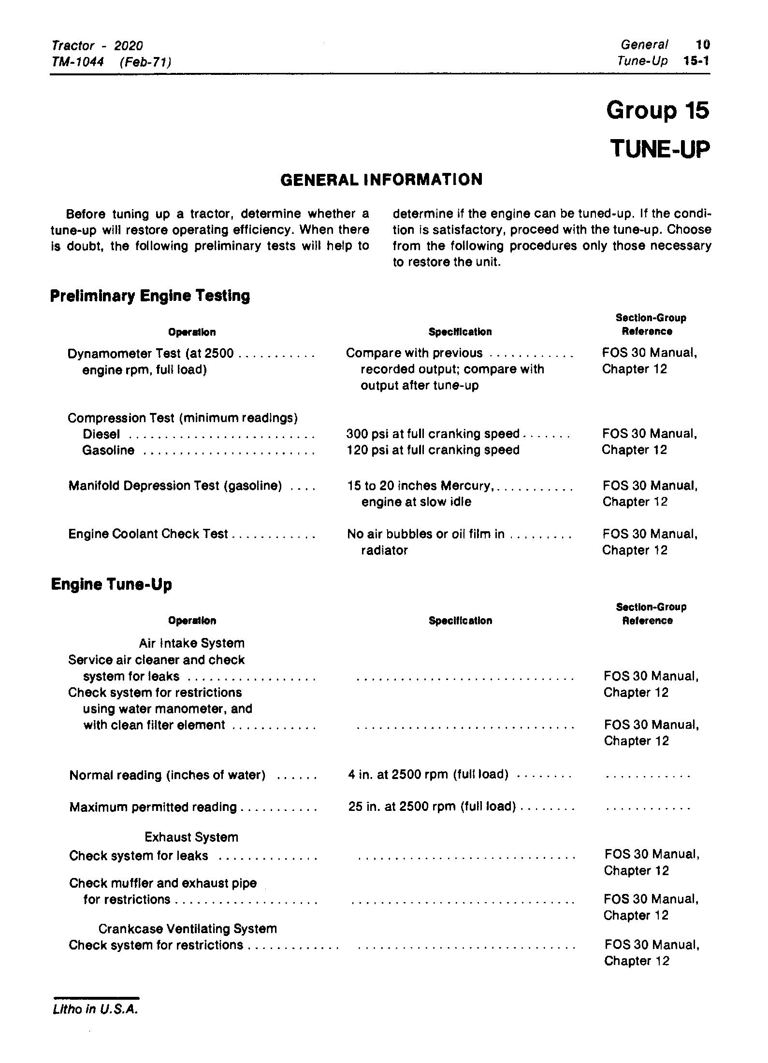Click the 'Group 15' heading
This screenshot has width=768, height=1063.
(x=657, y=111)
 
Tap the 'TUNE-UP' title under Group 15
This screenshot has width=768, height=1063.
(x=660, y=148)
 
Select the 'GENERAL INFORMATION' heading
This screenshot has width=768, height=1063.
(x=381, y=180)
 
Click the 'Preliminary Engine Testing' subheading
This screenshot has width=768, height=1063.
(x=150, y=296)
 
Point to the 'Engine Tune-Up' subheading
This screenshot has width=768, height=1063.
(x=111, y=585)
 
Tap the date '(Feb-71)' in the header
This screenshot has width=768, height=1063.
(x=145, y=62)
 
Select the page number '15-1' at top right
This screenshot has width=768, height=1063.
(x=696, y=61)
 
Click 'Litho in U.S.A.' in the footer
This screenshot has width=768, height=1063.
(x=95, y=1009)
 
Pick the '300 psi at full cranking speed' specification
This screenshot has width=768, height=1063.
(x=433, y=434)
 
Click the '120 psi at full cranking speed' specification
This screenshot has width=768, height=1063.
(x=433, y=450)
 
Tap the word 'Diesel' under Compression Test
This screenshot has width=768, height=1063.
(x=101, y=434)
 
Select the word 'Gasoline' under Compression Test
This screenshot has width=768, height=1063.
(x=108, y=451)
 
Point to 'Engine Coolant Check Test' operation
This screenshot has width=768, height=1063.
(x=147, y=534)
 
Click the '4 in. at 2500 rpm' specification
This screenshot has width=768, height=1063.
(x=427, y=775)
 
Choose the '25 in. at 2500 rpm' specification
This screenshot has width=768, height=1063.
(x=432, y=807)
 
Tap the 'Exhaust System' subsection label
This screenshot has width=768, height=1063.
(x=191, y=837)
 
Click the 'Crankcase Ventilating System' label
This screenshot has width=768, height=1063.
(x=188, y=929)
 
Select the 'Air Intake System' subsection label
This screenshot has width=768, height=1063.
(x=191, y=643)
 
